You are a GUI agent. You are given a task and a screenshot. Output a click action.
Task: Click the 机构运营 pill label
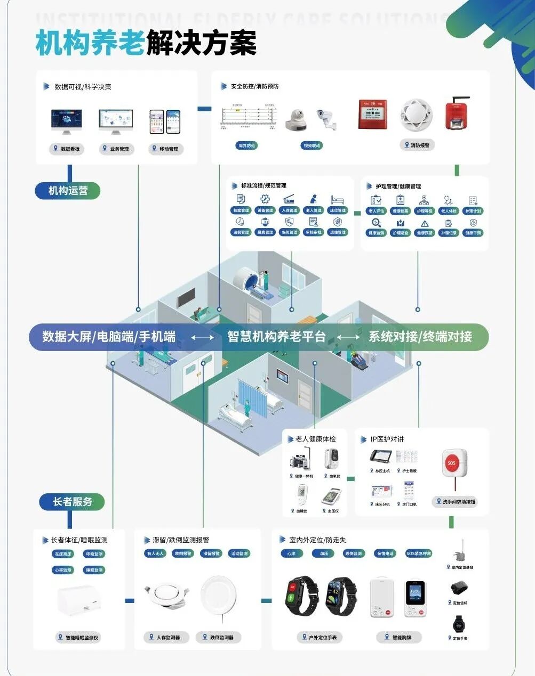[68, 191]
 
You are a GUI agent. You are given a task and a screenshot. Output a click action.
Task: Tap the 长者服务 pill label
[72, 502]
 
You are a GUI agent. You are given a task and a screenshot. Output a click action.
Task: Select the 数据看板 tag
[67, 149]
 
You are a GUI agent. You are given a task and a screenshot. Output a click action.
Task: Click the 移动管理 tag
[166, 149]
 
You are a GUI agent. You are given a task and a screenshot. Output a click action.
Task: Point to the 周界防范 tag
[246, 145]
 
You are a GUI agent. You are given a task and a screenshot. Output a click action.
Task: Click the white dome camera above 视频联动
[296, 119]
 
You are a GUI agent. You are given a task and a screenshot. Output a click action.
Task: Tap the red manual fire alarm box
[372, 114]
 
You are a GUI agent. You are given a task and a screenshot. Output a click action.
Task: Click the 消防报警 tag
[417, 145]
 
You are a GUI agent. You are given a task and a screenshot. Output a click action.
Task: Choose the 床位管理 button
[338, 210]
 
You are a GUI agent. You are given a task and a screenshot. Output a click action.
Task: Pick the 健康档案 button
[400, 211]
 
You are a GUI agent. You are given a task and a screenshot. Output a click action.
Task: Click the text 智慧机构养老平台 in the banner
[276, 337]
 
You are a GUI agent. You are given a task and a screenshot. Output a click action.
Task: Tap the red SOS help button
[454, 462]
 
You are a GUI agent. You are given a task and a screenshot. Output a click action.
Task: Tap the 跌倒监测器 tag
[218, 637]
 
